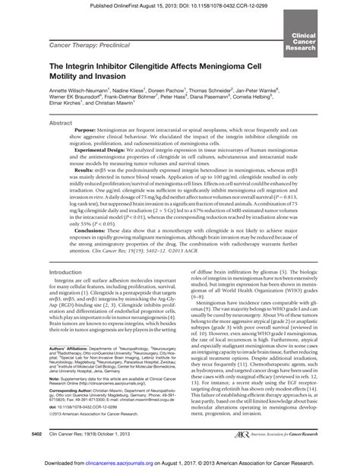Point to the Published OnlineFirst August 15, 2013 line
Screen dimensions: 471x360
pyautogui.click(x=180, y=5)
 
